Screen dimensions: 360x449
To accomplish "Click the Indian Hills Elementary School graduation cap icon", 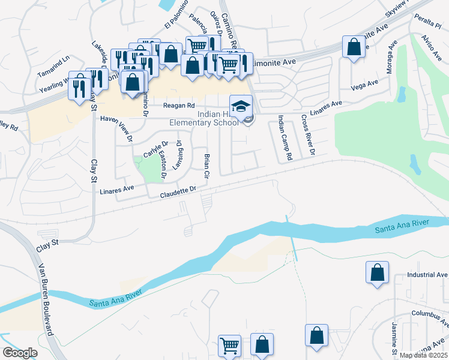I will click(x=241, y=105).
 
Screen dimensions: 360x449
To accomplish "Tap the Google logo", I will click(x=20, y=353).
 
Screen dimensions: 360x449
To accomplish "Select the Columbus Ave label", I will click(x=430, y=313).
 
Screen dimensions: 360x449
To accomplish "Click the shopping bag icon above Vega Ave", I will click(x=354, y=46).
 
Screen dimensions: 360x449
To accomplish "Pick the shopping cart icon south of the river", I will click(x=229, y=345).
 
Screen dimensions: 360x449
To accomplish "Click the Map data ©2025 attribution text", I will click(x=423, y=355).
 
